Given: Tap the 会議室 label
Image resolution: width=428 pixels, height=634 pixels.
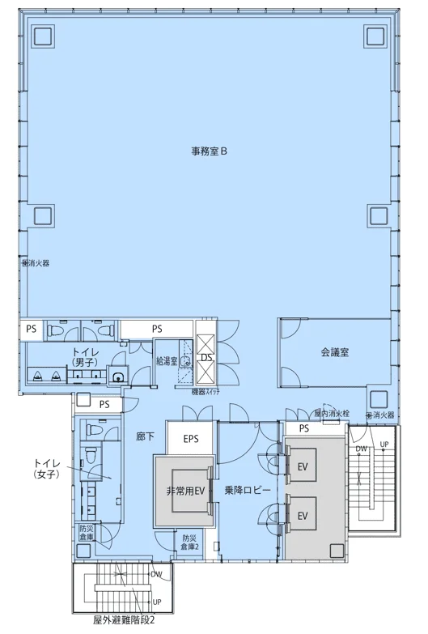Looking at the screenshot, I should [334, 352].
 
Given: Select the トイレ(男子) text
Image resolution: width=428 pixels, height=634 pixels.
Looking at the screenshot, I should [87, 356].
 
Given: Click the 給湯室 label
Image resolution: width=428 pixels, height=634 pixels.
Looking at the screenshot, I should [167, 359].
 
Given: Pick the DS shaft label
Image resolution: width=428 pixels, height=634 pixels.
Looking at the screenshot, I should [206, 357].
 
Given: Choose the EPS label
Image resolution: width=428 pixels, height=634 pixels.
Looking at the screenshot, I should [191, 440].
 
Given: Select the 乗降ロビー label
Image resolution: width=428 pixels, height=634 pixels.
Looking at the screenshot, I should [248, 491].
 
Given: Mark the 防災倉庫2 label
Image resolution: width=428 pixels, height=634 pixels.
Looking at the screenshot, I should [190, 543].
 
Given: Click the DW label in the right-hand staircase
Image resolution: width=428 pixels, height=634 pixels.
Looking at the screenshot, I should [362, 448].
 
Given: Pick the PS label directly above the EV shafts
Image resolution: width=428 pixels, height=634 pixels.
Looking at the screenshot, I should [304, 429].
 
